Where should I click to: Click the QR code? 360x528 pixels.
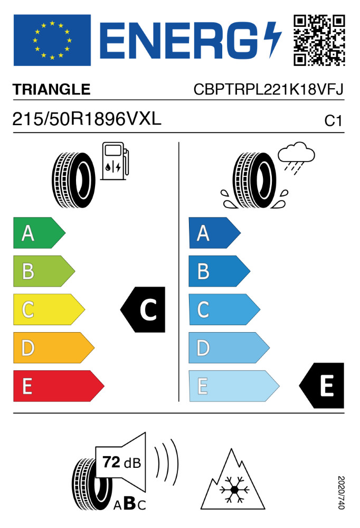319,40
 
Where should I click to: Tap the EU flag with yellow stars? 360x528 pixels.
52,40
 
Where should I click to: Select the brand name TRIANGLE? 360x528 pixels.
52,90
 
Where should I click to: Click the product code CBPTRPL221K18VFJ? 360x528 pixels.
268,90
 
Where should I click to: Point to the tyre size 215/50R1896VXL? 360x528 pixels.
87,119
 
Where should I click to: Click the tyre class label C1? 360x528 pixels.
333,121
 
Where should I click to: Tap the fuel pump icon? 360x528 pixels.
115,161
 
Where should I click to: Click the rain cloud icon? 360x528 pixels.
296,157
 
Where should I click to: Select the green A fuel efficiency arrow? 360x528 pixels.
39,233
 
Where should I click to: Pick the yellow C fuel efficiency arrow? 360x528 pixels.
49,309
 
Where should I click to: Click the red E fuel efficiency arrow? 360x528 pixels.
59,386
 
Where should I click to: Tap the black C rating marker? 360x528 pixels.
143,309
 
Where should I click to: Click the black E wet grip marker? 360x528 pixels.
322,385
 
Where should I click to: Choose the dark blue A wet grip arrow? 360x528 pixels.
214,233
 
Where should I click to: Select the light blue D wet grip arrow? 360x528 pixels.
229,348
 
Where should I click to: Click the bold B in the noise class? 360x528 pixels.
130,503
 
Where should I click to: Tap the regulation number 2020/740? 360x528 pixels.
341,492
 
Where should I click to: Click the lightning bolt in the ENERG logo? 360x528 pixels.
272,39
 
